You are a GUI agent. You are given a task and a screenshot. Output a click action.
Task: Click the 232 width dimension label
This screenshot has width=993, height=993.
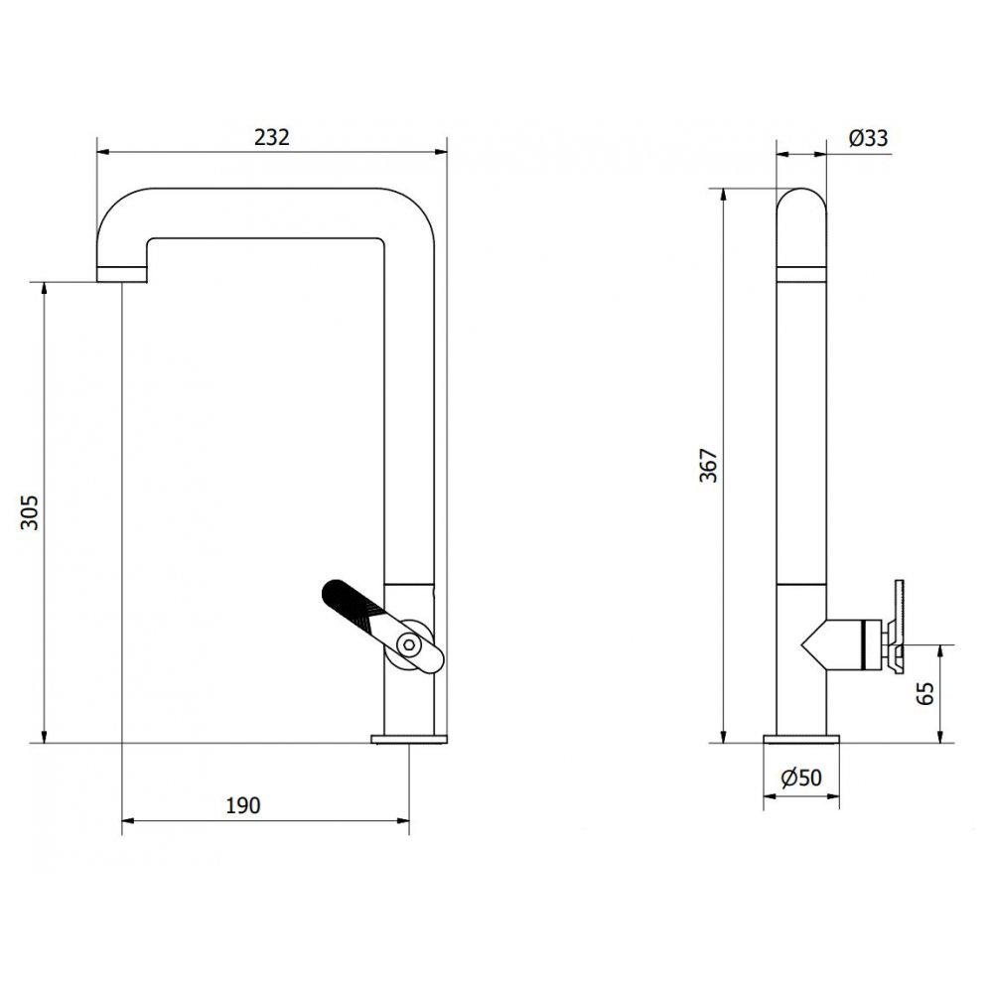tap(272, 137)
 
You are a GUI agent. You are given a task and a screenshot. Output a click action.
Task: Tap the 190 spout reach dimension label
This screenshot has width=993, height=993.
tap(243, 805)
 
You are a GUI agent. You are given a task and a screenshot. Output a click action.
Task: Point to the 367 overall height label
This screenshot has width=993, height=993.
tap(709, 465)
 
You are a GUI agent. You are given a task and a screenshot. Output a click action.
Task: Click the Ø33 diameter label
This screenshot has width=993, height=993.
tap(868, 137)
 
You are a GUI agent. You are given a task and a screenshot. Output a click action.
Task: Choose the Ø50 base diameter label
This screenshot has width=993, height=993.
tap(801, 778)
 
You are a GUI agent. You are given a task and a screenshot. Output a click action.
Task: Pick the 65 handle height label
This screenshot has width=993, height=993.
tap(925, 693)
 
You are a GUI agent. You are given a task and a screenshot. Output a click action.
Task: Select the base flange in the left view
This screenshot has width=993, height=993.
tap(409, 739)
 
